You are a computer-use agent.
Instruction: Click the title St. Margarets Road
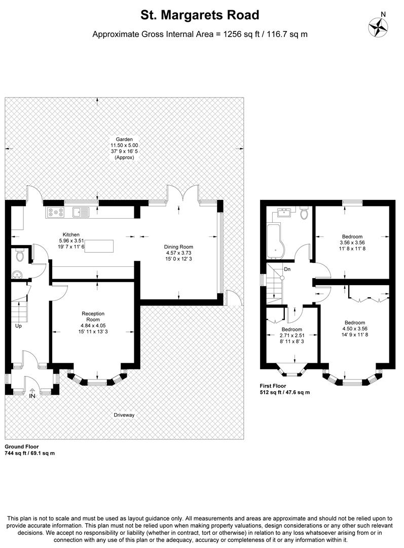pos(200,15)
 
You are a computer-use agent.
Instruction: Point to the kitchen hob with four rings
pos(56,212)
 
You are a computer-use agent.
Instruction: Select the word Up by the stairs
pos(19,326)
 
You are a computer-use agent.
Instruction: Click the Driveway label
pos(124,415)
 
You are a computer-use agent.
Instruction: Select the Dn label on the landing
pos(287,269)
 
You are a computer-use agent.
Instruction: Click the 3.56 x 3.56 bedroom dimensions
pos(352,243)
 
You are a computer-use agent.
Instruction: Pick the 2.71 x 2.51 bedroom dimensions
pos(291,336)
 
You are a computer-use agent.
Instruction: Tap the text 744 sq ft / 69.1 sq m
pos(29,453)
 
